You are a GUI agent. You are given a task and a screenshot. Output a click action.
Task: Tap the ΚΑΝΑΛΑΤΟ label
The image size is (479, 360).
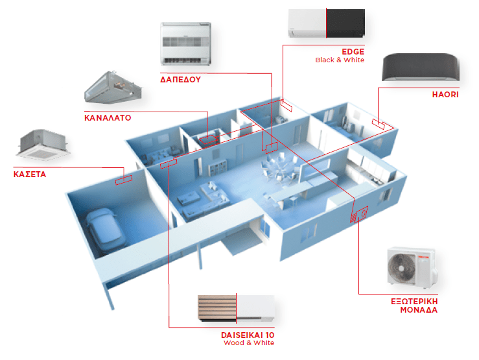(x=108, y=119)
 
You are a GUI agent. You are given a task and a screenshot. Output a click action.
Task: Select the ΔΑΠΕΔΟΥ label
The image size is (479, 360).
(x=180, y=80)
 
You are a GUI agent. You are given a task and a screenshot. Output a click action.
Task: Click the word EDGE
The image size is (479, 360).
(x=353, y=51)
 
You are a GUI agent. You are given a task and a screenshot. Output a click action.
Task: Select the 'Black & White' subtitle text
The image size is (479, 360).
(x=340, y=60)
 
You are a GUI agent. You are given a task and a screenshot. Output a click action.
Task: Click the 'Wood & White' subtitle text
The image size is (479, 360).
(x=249, y=343)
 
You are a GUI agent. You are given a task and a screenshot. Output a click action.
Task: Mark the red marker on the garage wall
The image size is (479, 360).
(x=123, y=178)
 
